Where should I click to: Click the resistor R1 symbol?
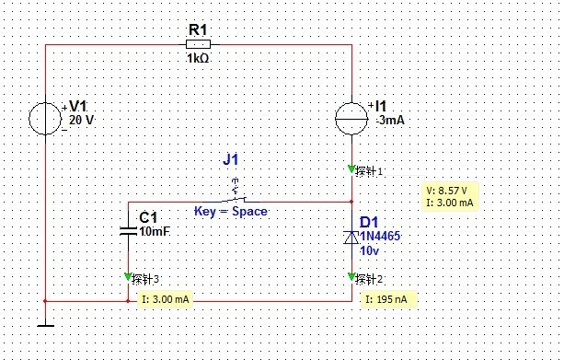coord(198,44)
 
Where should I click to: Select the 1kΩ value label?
coord(198,58)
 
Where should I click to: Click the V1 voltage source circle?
coord(45,119)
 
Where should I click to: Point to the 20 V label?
coord(81,120)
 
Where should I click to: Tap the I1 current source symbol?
coord(351,119)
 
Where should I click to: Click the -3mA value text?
coord(390,120)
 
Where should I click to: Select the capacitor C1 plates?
coord(128,231)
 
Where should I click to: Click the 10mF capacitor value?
coord(155,231)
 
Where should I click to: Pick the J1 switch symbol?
coord(236,194)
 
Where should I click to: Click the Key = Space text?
coord(231,212)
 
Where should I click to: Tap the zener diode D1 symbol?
coord(351,238)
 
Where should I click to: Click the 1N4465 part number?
coord(380,236)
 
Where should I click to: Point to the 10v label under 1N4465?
coord(369,250)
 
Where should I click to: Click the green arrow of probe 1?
coord(351,168)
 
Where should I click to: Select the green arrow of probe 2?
coord(351,277)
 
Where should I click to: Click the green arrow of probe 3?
coord(128,277)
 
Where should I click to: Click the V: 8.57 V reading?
coord(446,191)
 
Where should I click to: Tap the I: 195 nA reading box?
coord(389,299)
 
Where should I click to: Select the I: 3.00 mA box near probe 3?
coord(165,299)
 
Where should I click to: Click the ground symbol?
coord(45,326)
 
